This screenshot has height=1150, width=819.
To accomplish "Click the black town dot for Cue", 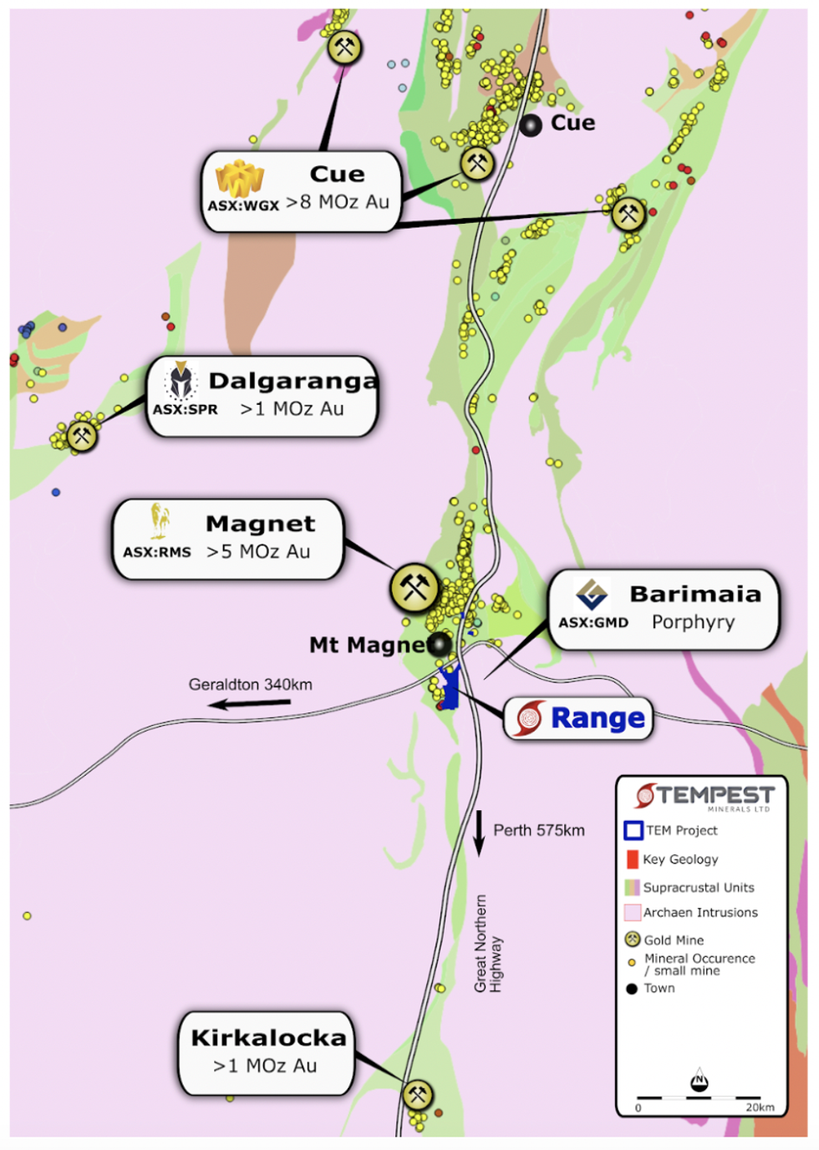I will [x=531, y=125].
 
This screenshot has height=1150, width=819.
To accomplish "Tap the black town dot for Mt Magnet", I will [x=439, y=644].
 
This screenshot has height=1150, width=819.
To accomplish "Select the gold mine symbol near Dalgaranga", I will [x=81, y=435].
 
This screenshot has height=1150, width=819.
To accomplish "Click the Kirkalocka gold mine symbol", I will [x=418, y=1094].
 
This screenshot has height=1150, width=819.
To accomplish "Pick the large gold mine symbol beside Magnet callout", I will [x=415, y=588].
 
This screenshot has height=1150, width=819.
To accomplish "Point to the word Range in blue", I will [x=598, y=718].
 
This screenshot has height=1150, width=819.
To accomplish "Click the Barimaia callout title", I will [x=695, y=594].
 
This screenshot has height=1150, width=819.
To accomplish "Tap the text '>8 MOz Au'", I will [x=338, y=202].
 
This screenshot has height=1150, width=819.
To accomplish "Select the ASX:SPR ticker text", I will [x=185, y=409].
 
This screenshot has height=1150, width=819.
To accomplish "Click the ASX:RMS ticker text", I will [x=157, y=552].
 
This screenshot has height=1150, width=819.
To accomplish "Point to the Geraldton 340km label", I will [x=251, y=685].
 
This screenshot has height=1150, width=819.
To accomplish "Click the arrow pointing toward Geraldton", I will [x=250, y=703].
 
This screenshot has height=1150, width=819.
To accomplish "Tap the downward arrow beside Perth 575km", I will [x=479, y=833].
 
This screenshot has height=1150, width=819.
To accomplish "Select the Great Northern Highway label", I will [x=488, y=944].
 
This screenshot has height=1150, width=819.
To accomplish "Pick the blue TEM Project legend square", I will [x=633, y=830].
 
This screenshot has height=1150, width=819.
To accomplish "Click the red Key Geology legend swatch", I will [x=632, y=859].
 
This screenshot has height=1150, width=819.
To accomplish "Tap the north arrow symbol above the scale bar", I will [x=699, y=1081].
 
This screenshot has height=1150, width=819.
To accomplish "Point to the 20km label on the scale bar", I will [x=760, y=1107].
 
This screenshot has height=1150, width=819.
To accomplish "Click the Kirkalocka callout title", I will [x=268, y=1038].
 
